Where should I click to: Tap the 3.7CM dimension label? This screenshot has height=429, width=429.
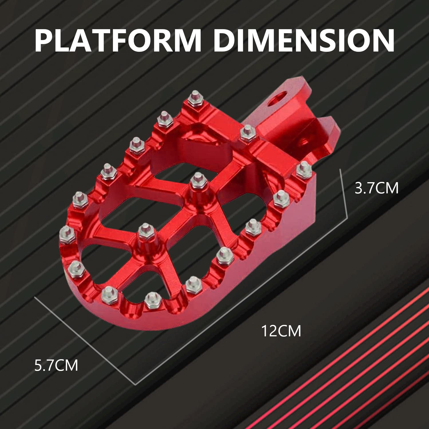pos(376,188)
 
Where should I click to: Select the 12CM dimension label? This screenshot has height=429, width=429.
pos(281,331)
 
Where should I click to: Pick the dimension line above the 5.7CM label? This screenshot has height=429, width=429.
pos(84,340)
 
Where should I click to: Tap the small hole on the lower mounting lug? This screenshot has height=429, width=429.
pos(303,140)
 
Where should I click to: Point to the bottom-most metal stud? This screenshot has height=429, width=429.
pos(152,299)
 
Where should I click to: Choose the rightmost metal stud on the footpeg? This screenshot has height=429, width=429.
pos(304,169)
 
